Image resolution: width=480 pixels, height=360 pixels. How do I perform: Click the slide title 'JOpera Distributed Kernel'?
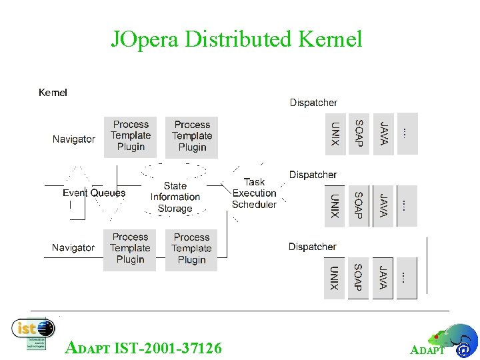236,39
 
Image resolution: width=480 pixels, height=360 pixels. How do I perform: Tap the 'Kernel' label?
53,93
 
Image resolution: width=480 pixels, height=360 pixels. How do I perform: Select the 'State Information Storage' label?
175,197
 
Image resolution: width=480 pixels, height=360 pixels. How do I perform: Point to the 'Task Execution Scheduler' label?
254,193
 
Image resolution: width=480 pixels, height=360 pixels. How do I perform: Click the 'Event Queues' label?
94,193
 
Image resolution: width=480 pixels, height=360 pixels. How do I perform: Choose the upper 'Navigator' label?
74,139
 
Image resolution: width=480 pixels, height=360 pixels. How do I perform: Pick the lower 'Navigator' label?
73,247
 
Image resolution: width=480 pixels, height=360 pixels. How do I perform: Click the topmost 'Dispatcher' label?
313,103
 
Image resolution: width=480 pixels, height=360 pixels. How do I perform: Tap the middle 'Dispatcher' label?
313,175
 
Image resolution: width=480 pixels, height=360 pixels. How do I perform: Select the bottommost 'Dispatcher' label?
312,247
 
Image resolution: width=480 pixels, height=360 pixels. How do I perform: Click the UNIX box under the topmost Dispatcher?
335,134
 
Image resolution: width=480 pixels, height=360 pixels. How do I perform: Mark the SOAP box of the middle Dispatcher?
358,206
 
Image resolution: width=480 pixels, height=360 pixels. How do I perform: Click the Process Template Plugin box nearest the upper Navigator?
131,136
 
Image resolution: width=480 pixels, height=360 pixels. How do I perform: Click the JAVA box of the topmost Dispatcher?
383,134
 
